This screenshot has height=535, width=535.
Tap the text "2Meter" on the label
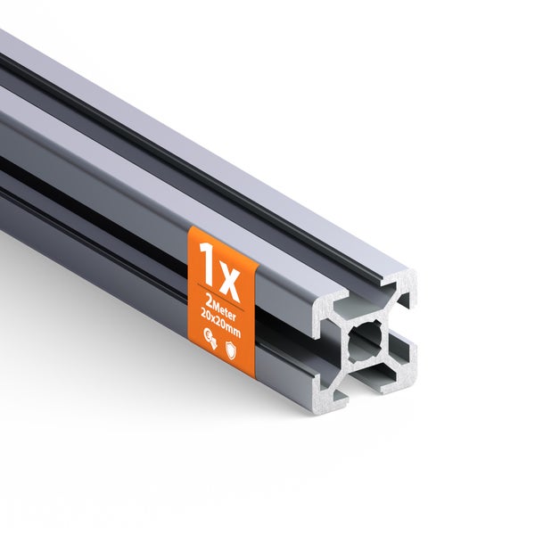(x=221, y=299)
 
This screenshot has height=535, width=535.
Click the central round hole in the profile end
(x=366, y=340)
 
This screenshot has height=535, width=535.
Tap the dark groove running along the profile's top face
(x=178, y=134)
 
